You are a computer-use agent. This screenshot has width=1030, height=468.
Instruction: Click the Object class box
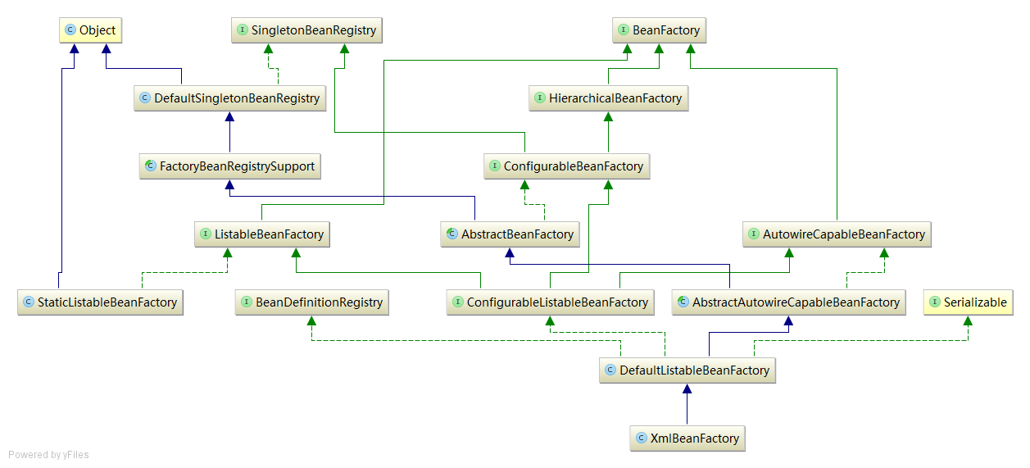(90, 30)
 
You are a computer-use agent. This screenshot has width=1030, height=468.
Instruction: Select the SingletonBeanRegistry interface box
(306, 30)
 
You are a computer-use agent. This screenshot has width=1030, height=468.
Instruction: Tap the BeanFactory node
(658, 30)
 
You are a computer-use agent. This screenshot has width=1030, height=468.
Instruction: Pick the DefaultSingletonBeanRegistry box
(229, 98)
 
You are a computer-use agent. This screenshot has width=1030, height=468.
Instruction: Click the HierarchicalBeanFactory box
(607, 98)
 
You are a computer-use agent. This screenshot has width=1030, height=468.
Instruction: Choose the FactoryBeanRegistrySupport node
(229, 166)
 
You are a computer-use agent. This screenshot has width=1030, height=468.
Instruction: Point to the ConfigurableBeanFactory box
(565, 166)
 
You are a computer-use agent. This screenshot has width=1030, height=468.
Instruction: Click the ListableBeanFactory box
(261, 234)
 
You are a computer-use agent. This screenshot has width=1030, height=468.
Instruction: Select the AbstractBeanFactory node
(509, 234)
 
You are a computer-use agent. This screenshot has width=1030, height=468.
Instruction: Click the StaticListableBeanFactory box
(100, 302)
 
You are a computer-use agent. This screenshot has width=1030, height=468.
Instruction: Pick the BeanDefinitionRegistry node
(311, 302)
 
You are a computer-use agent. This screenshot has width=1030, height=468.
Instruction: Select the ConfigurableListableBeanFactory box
(550, 302)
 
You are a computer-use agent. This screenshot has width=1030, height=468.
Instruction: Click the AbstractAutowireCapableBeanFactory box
(788, 302)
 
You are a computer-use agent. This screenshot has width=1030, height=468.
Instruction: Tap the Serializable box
(968, 302)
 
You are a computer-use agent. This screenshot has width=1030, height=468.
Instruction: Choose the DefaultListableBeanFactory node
(687, 370)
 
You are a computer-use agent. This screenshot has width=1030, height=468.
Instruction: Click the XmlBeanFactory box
(687, 438)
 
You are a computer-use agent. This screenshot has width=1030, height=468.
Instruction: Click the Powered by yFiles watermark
(48, 455)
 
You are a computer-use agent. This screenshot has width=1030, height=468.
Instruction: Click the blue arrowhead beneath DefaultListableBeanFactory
(687, 391)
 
